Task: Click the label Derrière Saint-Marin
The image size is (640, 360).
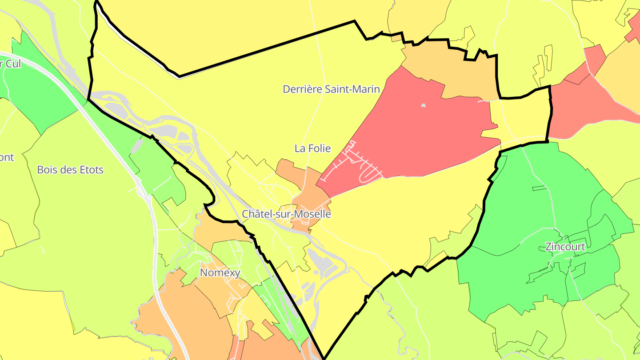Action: coord(331,89)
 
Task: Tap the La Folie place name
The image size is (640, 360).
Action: coord(312,148)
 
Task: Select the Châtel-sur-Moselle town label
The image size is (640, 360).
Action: coord(286,214)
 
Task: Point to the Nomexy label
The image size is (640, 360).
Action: coord(220,272)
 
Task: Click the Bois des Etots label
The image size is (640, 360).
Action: coord(70,170)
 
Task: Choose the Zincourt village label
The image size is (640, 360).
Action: coord(565,247)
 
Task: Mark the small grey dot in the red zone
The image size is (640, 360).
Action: coord(423,106)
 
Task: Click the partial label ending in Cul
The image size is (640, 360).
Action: coord(10,64)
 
